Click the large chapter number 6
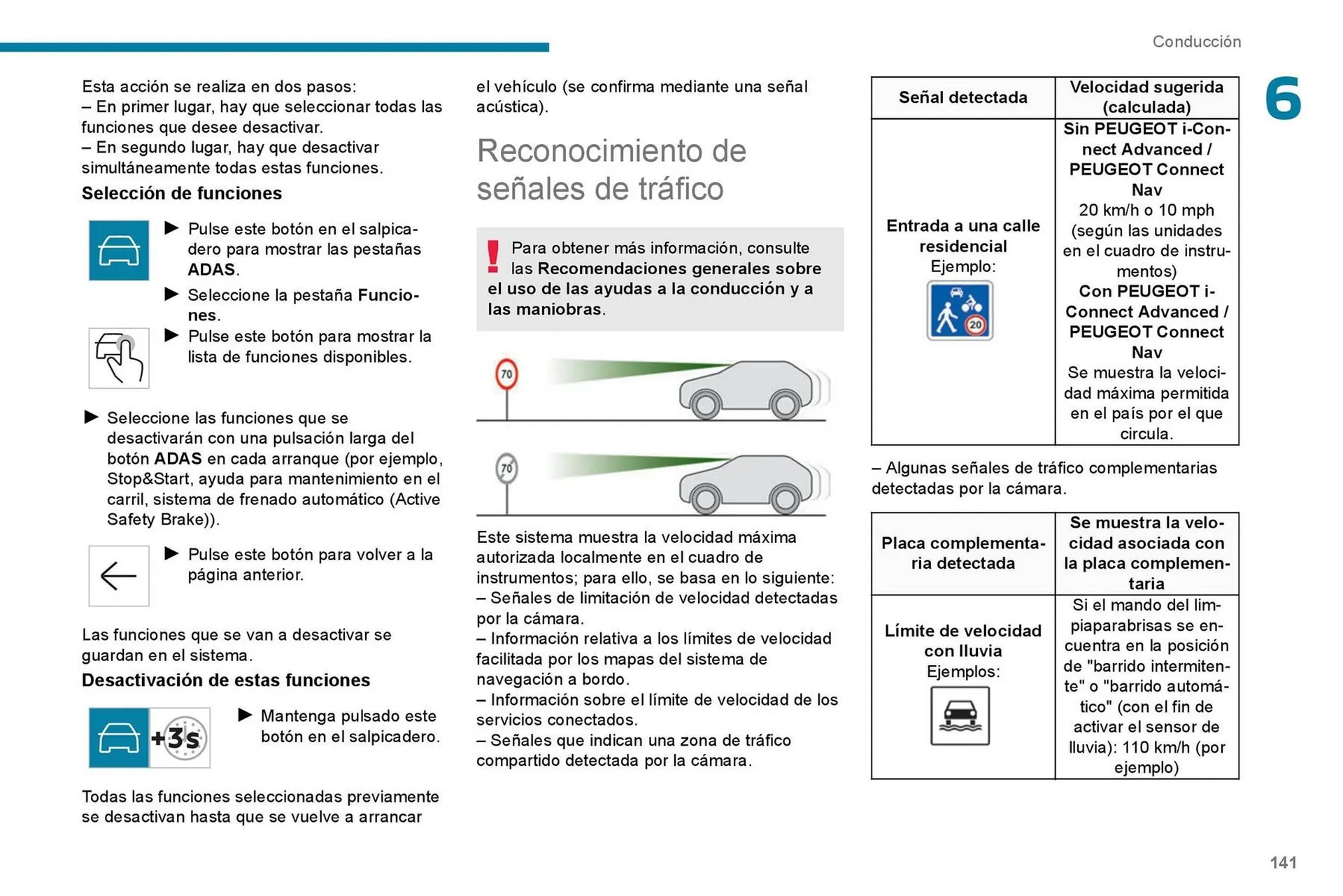click(1282, 99)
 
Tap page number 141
click(1283, 862)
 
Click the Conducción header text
click(1196, 42)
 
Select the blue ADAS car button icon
click(119, 250)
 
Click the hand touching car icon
click(119, 358)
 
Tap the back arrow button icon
click(119, 576)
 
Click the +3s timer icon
click(180, 737)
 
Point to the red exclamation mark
click(493, 256)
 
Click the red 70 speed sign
click(506, 374)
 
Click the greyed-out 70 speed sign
click(506, 469)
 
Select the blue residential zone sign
click(960, 311)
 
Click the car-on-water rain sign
click(960, 716)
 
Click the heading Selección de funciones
click(182, 193)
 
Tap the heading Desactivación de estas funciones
click(226, 680)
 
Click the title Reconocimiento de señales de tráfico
click(611, 169)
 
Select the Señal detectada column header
click(962, 97)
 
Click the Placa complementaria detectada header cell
click(962, 553)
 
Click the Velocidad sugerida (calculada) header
click(1146, 97)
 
